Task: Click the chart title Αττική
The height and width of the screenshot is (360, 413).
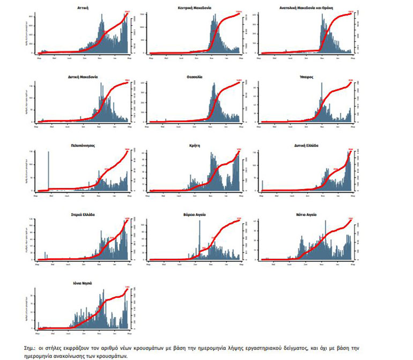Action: (x=83, y=9)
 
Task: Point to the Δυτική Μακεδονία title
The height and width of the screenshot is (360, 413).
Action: (x=83, y=77)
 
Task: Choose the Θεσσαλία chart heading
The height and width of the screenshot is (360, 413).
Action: (x=194, y=77)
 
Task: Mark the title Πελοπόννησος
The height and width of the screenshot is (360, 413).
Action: (x=83, y=145)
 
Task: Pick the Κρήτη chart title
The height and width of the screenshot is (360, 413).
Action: (x=194, y=145)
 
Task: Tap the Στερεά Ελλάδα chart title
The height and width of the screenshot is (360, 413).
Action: (x=83, y=214)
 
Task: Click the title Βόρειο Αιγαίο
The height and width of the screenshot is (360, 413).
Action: (x=194, y=214)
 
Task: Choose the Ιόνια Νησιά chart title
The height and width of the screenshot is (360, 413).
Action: (x=83, y=282)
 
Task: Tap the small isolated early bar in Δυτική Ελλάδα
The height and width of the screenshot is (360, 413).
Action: (x=262, y=186)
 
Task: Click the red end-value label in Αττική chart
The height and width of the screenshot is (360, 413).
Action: (x=127, y=12)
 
